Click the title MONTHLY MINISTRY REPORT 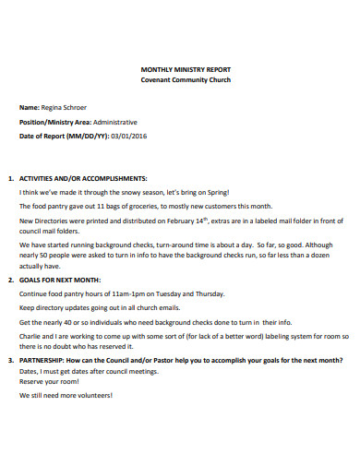tap(180, 69)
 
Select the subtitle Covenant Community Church tap(180, 80)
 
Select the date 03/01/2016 tap(128, 137)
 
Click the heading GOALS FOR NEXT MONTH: tap(64, 278)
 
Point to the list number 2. tap(9, 278)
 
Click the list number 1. tap(9, 178)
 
